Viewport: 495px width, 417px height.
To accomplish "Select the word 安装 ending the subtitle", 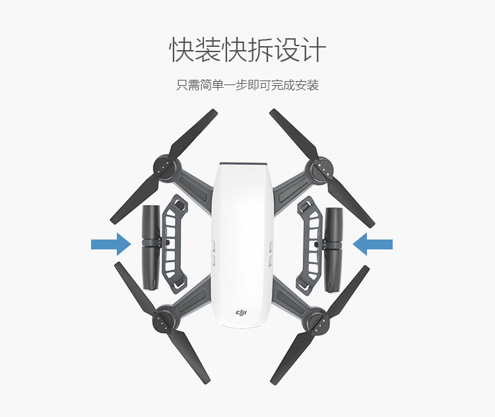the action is (307, 86).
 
